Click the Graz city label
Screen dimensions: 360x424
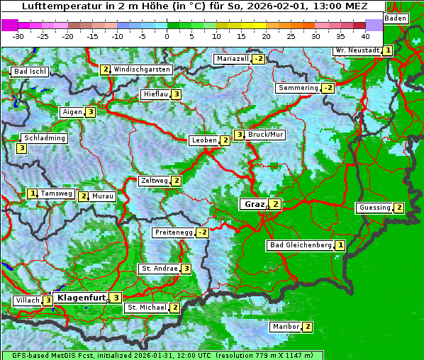[254, 204]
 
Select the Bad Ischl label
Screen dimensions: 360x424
[30, 72]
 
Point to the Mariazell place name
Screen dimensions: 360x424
[233, 58]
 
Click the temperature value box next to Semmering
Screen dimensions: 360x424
[327, 88]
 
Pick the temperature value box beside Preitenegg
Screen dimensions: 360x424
[203, 232]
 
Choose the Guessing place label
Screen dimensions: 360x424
[374, 208]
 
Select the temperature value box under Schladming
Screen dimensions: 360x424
[21, 148]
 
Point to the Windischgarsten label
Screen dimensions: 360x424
[142, 69]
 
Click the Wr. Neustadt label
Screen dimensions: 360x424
[357, 51]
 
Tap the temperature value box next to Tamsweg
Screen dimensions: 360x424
[32, 193]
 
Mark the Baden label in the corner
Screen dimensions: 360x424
[396, 18]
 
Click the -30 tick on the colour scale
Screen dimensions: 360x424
[18, 35]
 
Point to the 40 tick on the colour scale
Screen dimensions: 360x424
[365, 35]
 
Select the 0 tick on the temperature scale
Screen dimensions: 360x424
[167, 35]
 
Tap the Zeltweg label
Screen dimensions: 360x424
[155, 181]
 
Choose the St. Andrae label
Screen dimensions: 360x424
[158, 269]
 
